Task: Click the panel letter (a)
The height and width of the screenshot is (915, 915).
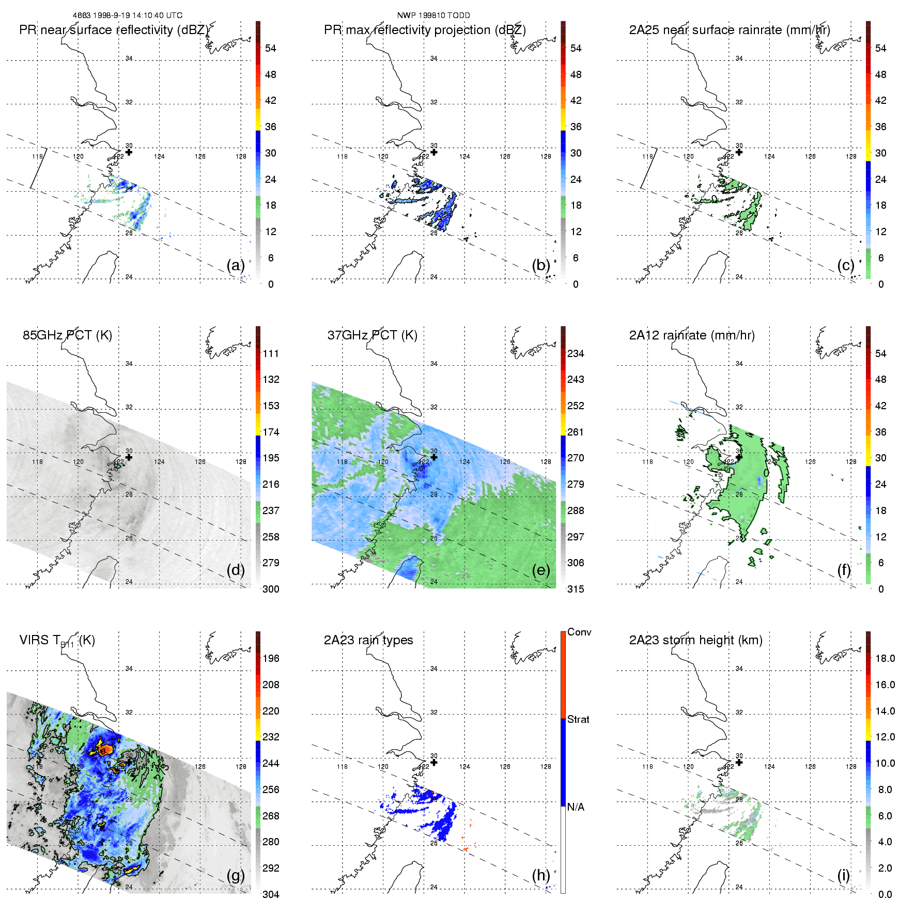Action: click(x=235, y=266)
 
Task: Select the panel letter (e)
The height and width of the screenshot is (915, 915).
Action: click(x=540, y=570)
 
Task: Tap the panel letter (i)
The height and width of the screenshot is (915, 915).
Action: click(x=844, y=875)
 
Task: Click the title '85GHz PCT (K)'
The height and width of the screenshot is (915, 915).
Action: click(x=67, y=335)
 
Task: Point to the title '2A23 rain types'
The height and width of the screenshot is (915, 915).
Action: click(x=368, y=640)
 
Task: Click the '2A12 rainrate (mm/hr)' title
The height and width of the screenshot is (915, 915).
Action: click(x=692, y=335)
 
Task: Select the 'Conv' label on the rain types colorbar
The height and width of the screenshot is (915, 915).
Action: click(x=579, y=632)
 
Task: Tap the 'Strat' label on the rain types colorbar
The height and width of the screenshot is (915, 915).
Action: click(x=578, y=720)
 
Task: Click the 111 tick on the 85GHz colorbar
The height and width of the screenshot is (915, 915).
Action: click(x=271, y=354)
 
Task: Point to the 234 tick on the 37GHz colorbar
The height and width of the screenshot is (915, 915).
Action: click(x=576, y=354)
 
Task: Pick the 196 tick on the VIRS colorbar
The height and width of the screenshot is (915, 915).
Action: click(x=271, y=659)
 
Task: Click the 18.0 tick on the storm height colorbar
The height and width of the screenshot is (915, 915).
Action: click(x=885, y=659)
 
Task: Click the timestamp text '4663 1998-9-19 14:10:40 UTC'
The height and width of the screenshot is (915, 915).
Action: click(x=128, y=15)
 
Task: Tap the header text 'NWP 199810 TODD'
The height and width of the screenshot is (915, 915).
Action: click(x=433, y=15)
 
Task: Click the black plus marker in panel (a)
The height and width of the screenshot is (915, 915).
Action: click(x=129, y=152)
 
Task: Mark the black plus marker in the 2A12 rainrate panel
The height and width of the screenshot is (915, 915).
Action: click(x=739, y=457)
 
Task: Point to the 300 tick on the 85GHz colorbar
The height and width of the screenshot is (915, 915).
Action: click(x=271, y=590)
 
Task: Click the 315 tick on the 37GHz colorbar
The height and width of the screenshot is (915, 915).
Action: click(x=576, y=590)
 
